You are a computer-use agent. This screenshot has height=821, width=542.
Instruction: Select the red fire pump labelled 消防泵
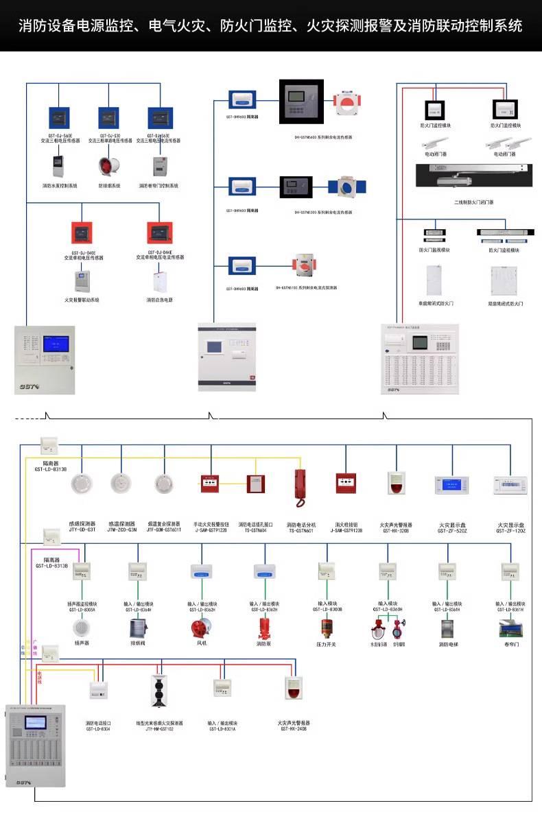263,629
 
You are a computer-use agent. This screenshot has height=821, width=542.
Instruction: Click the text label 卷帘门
512,645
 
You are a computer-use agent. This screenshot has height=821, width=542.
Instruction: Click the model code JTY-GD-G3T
82,530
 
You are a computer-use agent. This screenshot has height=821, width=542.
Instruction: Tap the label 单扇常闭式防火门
436,302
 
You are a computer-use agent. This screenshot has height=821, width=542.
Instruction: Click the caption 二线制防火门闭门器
474,202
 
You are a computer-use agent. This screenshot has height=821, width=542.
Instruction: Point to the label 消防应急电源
160,300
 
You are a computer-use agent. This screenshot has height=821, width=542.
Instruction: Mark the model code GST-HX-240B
294,729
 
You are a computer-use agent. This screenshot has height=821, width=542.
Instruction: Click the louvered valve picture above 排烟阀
139,629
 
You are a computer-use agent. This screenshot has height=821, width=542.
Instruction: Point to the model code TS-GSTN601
301,530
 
